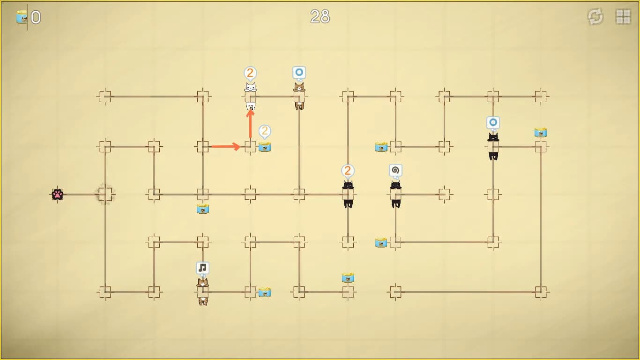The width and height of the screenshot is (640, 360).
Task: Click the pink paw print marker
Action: tap(58, 195)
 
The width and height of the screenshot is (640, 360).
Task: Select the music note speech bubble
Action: tap(202, 268)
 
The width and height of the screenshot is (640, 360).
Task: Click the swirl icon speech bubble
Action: tap(395, 171)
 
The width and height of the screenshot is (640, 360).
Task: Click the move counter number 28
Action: tap(320, 16)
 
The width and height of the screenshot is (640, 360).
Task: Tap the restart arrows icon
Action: tap(595, 16)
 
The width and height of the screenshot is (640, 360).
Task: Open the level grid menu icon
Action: tap(623, 16)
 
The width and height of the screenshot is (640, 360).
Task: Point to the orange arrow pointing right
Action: tap(226, 147)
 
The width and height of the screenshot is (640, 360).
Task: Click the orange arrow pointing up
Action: tap(250, 124)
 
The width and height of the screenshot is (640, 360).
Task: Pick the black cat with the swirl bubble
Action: tap(396, 194)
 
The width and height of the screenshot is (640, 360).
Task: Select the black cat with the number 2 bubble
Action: tap(348, 194)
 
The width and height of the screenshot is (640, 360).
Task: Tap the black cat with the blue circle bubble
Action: tap(493, 146)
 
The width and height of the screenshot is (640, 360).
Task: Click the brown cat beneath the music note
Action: tap(203, 292)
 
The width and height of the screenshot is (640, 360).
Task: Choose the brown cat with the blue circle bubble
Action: tap(299, 96)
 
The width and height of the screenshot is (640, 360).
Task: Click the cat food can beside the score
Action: tap(22, 17)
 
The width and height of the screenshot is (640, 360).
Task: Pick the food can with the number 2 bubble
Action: tap(265, 147)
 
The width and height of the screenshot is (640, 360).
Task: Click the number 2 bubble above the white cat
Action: tap(250, 73)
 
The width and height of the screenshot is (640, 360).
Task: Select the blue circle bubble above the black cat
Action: tap(493, 123)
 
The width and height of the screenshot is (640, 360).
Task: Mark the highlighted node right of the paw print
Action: tap(105, 195)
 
